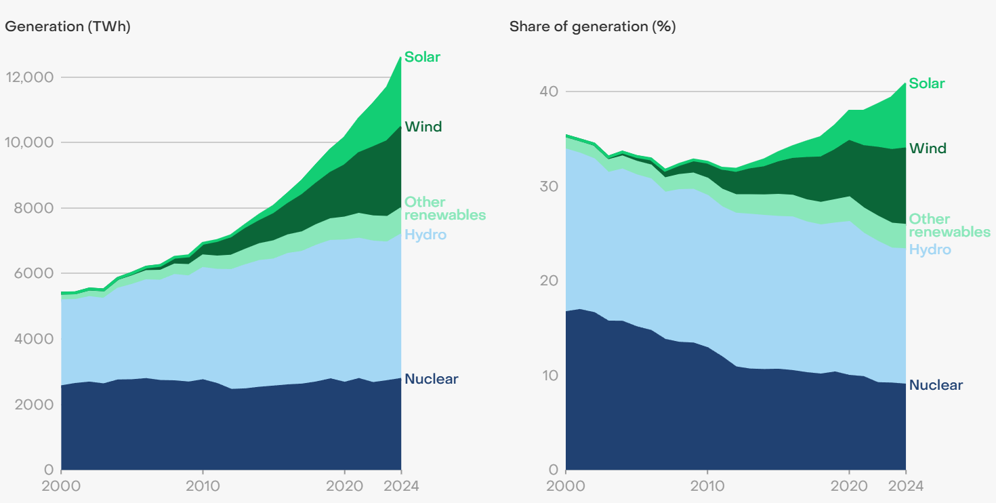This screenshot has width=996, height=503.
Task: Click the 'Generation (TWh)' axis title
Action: pos(68,27)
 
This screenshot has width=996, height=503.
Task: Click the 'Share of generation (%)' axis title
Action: pos(592,27)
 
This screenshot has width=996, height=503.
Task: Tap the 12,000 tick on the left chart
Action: pos(28,77)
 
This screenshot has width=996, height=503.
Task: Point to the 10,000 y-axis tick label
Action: pos(28,142)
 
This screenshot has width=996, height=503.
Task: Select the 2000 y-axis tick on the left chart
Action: pos(30,404)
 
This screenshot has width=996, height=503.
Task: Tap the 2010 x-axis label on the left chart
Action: pos(203,486)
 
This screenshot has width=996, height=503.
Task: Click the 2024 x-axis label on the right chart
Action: pos(906,486)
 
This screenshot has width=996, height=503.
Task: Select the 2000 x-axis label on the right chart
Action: pos(566,486)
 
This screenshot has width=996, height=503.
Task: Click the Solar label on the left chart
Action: pos(422,57)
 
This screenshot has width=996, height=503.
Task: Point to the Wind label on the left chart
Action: pos(423,127)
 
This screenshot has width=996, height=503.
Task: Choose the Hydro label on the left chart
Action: pos(426,235)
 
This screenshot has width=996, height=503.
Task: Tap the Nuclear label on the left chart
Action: pos(431,379)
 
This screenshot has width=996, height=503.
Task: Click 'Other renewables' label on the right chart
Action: pos(949,225)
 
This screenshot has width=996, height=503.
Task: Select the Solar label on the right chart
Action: pos(926,83)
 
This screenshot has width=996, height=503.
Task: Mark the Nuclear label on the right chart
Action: pos(936,385)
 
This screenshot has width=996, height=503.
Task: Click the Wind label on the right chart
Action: pos(928,148)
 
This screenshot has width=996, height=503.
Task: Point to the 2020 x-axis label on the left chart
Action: pos(344,486)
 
